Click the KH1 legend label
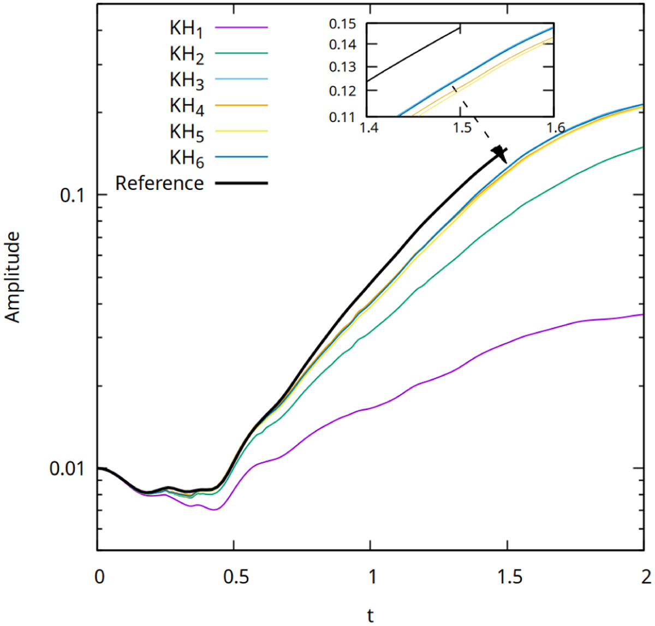click(x=186, y=28)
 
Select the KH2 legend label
click(x=186, y=55)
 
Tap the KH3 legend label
click(x=186, y=80)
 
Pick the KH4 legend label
click(x=186, y=106)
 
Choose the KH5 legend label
click(x=186, y=132)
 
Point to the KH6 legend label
click(x=186, y=158)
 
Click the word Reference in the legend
click(x=159, y=183)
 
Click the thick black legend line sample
click(x=241, y=183)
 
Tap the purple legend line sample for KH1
click(x=241, y=27)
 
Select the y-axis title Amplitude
click(x=13, y=277)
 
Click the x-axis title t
click(x=371, y=615)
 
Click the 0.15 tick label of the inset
click(x=342, y=24)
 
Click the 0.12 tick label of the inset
click(x=342, y=91)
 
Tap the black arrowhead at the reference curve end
click(x=500, y=153)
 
